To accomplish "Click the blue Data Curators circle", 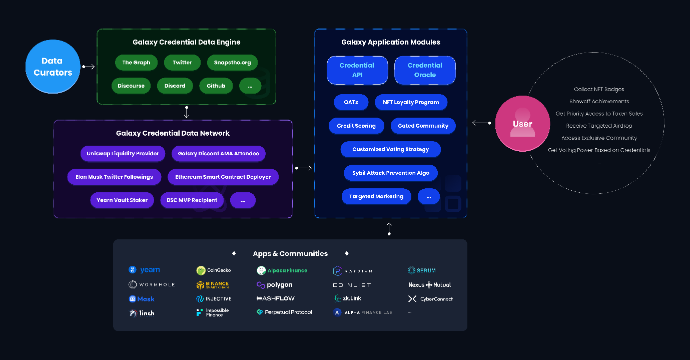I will click(x=53, y=67).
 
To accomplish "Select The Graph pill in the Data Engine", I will click(x=136, y=63).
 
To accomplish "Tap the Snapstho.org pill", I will click(x=232, y=63).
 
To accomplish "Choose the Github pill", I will click(x=216, y=86).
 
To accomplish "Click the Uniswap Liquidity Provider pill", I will click(x=123, y=154).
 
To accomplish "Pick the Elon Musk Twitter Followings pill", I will click(x=114, y=177).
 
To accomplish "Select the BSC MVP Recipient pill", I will click(x=192, y=200).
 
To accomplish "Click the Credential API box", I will click(x=357, y=70).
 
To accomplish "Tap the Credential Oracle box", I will click(x=425, y=70).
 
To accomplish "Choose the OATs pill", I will click(x=351, y=102).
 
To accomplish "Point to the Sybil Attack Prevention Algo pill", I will click(x=391, y=173).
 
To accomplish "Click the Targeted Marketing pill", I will click(x=376, y=197).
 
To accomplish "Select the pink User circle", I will click(x=522, y=124).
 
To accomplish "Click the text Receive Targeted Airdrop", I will click(x=599, y=126).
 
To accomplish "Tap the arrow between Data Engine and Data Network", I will click(x=187, y=112).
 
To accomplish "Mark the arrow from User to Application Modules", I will click(x=481, y=123).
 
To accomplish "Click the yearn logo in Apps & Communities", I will click(x=145, y=270).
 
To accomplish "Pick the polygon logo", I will click(x=274, y=285).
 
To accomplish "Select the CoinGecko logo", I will click(x=214, y=270).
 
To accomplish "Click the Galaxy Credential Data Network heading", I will click(x=173, y=133).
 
